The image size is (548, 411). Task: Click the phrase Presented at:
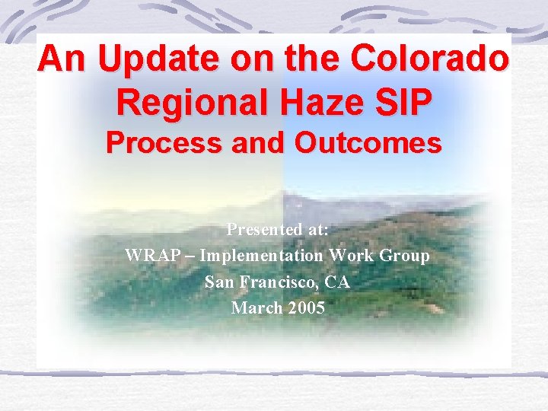tap(278, 229)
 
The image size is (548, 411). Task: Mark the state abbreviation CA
tap(337, 282)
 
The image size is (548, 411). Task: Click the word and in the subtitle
tap(266, 142)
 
